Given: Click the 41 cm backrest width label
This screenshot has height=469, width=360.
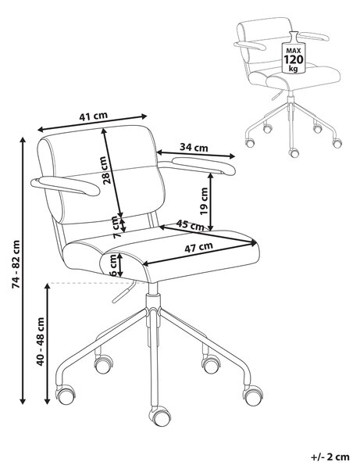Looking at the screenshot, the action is pyautogui.click(x=93, y=116).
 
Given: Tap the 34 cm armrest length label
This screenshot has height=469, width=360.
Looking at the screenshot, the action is pyautogui.click(x=194, y=147).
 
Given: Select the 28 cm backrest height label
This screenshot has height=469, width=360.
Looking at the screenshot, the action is pyautogui.click(x=105, y=170).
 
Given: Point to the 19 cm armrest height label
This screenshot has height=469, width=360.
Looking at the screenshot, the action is pyautogui.click(x=204, y=201).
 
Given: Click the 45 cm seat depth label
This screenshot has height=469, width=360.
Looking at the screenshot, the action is pyautogui.click(x=190, y=225).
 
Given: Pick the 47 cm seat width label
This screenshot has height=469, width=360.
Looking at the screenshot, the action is pyautogui.click(x=198, y=247).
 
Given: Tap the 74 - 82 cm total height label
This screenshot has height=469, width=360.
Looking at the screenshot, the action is pyautogui.click(x=16, y=264).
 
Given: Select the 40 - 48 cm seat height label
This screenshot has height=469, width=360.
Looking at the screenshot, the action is pyautogui.click(x=41, y=342).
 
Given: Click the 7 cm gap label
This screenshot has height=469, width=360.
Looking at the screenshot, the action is pyautogui.click(x=116, y=227).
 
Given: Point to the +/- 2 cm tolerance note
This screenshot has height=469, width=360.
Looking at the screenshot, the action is pyautogui.click(x=330, y=457).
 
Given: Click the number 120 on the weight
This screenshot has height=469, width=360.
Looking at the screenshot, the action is pyautogui.click(x=293, y=59).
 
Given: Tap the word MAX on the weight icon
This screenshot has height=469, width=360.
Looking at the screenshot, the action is pyautogui.click(x=293, y=51).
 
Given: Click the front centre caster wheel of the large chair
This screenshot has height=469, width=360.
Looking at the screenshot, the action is pyautogui.click(x=160, y=416).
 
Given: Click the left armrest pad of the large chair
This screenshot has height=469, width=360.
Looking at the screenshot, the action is pyautogui.click(x=65, y=186).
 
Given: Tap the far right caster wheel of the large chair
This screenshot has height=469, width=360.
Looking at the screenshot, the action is pyautogui.click(x=252, y=395).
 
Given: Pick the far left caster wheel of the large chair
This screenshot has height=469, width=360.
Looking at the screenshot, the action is pyautogui.click(x=65, y=394).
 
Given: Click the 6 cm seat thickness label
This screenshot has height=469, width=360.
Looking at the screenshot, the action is pyautogui.click(x=113, y=265).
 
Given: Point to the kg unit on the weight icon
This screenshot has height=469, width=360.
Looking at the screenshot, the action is pyautogui.click(x=293, y=69).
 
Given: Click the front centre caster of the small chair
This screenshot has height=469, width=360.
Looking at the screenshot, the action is pyautogui.click(x=294, y=153).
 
